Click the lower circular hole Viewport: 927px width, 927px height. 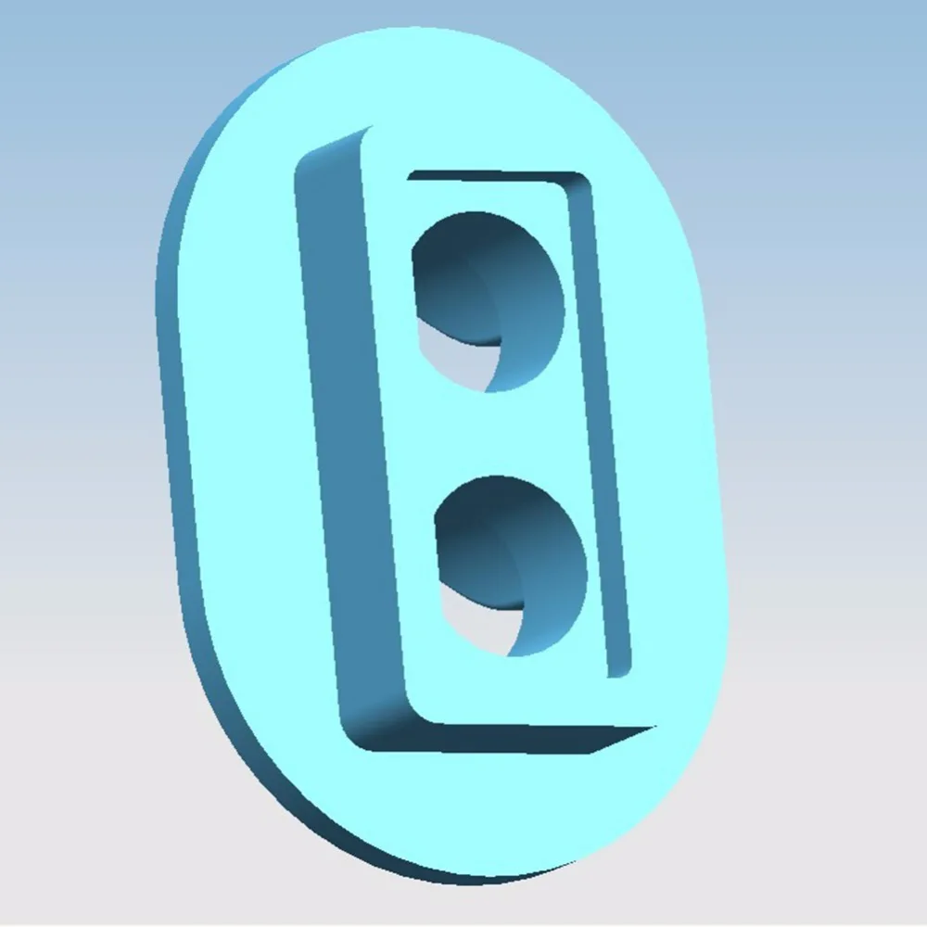click(511, 565)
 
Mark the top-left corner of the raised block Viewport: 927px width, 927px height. click(366, 130)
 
